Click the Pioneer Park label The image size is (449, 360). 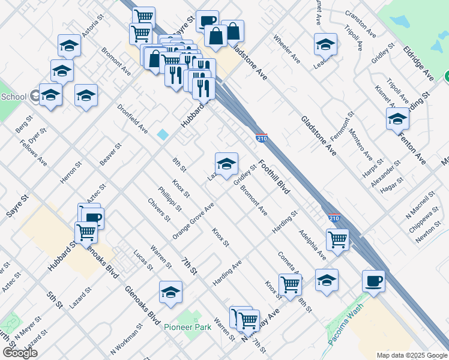click(187, 328)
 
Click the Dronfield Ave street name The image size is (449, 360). click(132, 119)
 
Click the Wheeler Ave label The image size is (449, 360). click(286, 49)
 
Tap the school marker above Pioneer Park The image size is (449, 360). click(170, 292)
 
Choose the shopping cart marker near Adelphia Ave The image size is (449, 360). click(338, 240)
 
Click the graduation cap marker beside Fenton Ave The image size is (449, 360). click(397, 119)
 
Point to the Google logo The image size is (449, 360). click(19, 353)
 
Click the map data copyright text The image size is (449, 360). click(411, 355)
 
